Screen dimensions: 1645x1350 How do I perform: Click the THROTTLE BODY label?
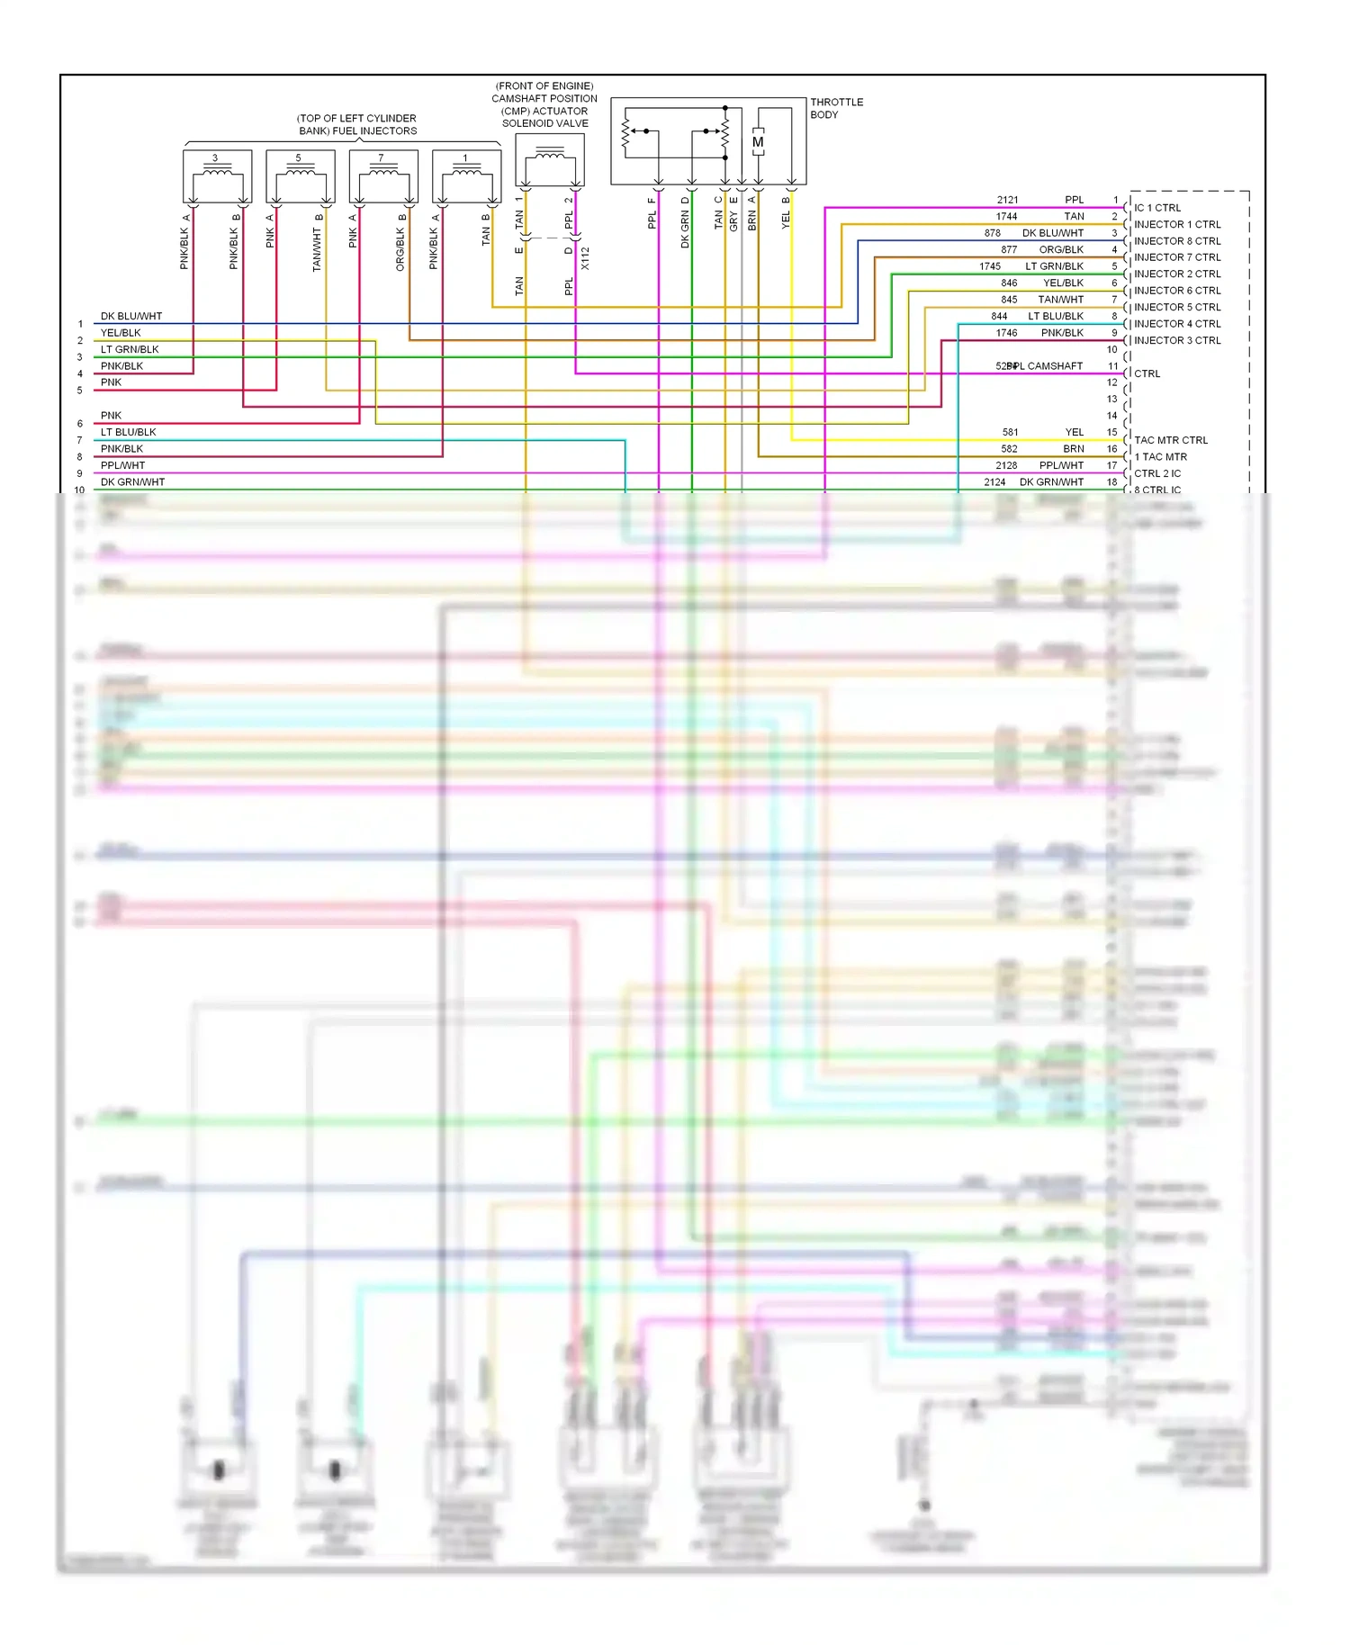pyautogui.click(x=836, y=108)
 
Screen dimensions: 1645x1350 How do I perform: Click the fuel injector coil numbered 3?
pyautogui.click(x=216, y=176)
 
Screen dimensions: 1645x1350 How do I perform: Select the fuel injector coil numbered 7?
pyautogui.click(x=382, y=176)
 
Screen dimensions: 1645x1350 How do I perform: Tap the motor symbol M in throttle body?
pyautogui.click(x=758, y=142)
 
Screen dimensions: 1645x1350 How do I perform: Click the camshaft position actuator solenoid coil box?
pyautogui.click(x=550, y=160)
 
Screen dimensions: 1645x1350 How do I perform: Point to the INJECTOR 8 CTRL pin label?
pyautogui.click(x=1177, y=241)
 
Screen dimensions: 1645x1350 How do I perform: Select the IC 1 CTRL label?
pyautogui.click(x=1157, y=208)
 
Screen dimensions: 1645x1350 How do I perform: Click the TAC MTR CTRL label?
pyautogui.click(x=1171, y=440)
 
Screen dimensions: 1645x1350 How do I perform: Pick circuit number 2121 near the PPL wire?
pyautogui.click(x=1007, y=200)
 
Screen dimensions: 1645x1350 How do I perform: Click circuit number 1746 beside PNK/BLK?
pyautogui.click(x=1006, y=333)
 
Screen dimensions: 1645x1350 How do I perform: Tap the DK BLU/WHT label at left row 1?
pyautogui.click(x=131, y=316)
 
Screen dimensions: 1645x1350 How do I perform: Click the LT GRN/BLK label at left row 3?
pyautogui.click(x=130, y=349)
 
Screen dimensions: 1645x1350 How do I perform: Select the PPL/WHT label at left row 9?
pyautogui.click(x=122, y=465)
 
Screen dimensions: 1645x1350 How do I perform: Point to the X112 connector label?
pyautogui.click(x=585, y=258)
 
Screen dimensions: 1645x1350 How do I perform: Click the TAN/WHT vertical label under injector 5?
pyautogui.click(x=317, y=249)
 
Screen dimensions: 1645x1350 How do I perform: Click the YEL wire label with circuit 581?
pyautogui.click(x=1075, y=432)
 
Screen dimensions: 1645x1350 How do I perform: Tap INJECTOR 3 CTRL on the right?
pyautogui.click(x=1177, y=340)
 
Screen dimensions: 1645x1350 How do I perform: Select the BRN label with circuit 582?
pyautogui.click(x=1074, y=448)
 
